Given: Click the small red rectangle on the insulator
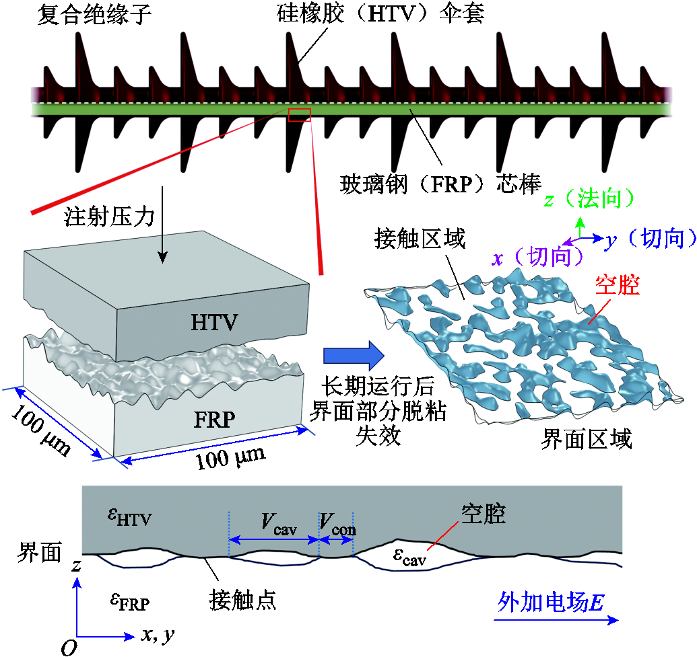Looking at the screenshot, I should coord(299,115).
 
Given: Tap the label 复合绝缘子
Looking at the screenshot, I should coord(92,13).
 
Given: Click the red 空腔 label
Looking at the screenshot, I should coord(617,286).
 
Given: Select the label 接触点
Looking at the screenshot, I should coord(243,599).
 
